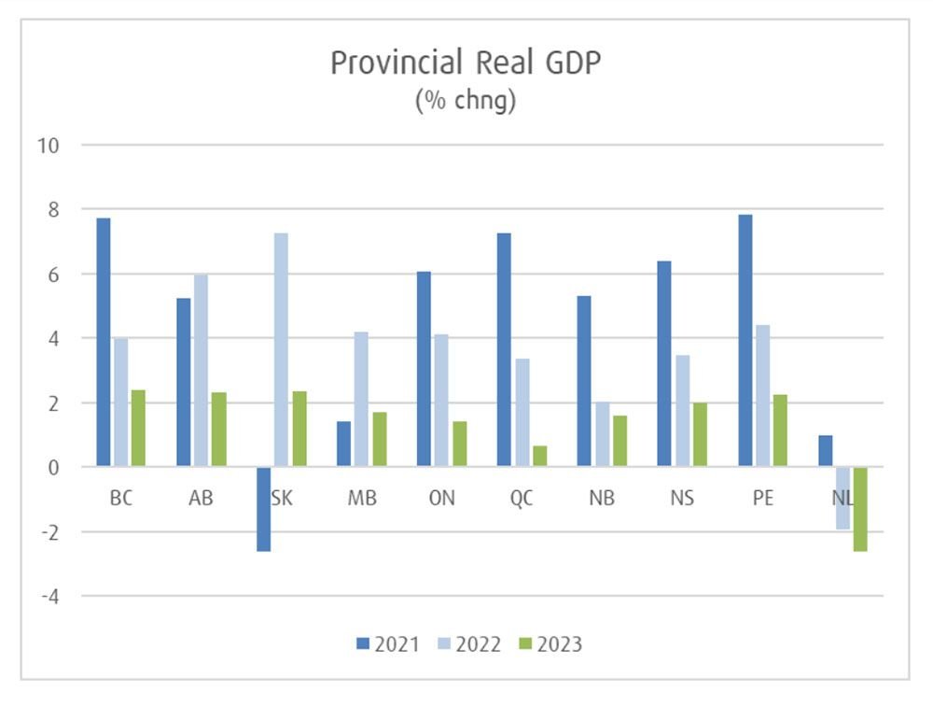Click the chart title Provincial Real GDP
point(465,63)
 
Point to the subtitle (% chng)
point(465,101)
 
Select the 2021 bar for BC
point(104,342)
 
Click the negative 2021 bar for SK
point(264,509)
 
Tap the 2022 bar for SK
point(281,349)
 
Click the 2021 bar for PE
point(745,340)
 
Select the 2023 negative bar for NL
point(860,509)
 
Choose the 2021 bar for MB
point(343,444)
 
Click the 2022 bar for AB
point(201,371)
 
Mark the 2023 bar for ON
point(460,444)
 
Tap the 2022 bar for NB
point(602,434)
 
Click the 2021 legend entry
point(387,643)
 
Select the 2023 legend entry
point(550,643)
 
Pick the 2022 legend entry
point(469,643)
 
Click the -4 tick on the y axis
point(49,596)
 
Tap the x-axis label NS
point(682,499)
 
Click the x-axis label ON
point(441,499)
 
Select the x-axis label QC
point(522,499)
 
